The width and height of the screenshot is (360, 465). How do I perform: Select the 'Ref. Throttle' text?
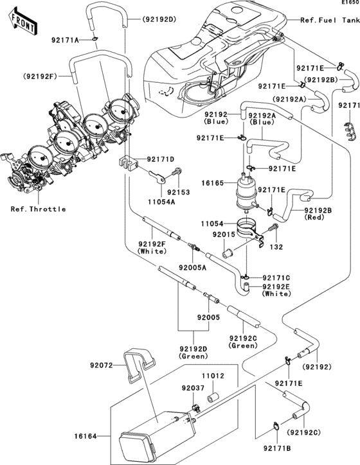click(x=38, y=209)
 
